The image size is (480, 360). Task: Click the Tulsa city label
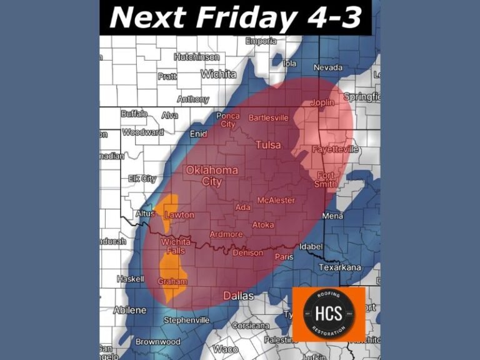268,145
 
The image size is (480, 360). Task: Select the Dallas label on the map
239,295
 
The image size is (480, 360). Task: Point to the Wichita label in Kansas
218,74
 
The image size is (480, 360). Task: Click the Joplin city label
322,102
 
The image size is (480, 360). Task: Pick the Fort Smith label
326,179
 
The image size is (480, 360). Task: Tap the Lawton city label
179,215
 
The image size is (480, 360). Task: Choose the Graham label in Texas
172,281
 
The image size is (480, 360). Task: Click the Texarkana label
339,267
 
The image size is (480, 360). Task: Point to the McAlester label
276,200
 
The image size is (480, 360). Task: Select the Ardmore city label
226,234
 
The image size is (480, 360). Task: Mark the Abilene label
129,310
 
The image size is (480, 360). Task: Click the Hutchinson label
196,56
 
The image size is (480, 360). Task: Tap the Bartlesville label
269,117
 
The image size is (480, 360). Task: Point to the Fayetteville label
335,149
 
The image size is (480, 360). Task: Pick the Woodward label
143,132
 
